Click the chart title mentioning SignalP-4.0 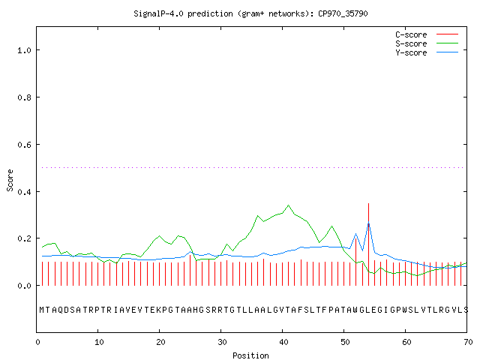[x=250, y=13]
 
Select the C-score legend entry [x=427, y=34]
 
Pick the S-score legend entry [x=427, y=43]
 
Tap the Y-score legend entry [x=427, y=52]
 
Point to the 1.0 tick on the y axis [x=24, y=50]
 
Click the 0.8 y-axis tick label [x=24, y=97]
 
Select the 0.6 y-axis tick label [x=24, y=145]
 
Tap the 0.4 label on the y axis [x=24, y=192]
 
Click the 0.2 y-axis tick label [x=24, y=238]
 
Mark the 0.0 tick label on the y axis [x=24, y=286]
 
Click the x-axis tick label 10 [x=99, y=342]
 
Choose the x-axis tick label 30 [x=222, y=342]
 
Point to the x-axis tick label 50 [x=345, y=342]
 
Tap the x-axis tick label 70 [x=468, y=342]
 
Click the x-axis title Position [x=250, y=355]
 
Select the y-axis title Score [x=10, y=180]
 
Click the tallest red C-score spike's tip [x=368, y=203]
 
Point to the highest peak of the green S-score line [x=288, y=205]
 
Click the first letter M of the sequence [x=42, y=310]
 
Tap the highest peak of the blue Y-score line [x=368, y=223]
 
